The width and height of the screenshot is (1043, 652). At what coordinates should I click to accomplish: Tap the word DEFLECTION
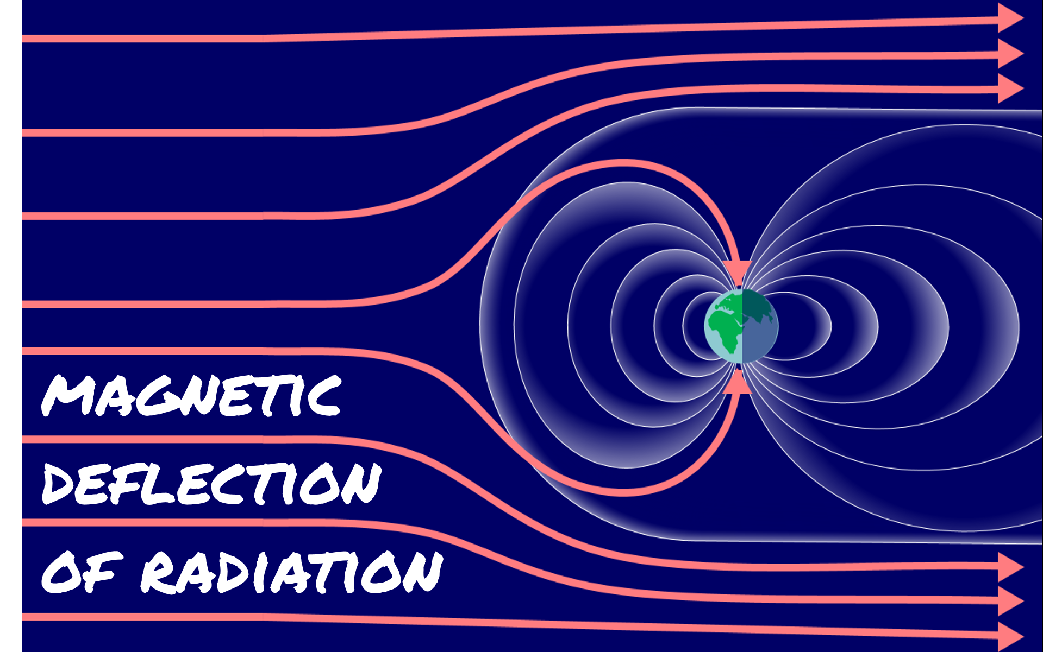tap(211, 483)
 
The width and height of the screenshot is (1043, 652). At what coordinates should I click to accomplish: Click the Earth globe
tap(741, 326)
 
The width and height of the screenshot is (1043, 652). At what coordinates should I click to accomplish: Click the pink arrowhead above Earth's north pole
tap(738, 270)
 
